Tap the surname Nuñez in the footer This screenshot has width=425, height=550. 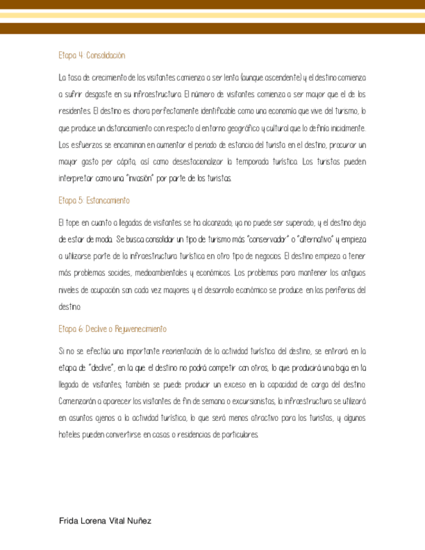(x=138, y=521)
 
